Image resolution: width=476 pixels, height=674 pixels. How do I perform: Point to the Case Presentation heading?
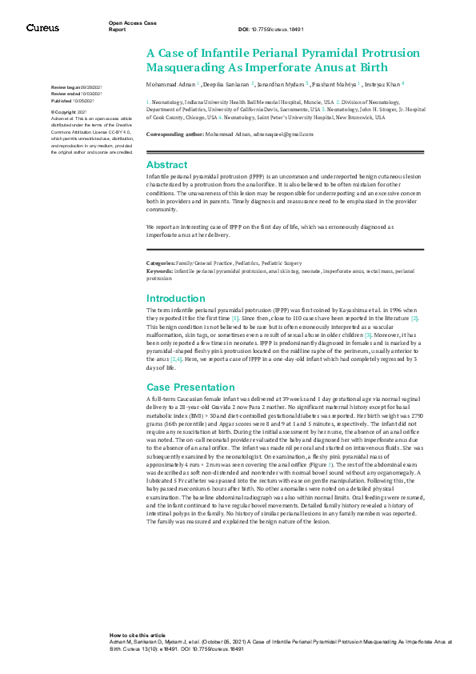[187, 387]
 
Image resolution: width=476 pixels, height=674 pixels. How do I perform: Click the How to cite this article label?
[137, 634]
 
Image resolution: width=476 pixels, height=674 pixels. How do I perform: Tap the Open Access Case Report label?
[132, 26]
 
